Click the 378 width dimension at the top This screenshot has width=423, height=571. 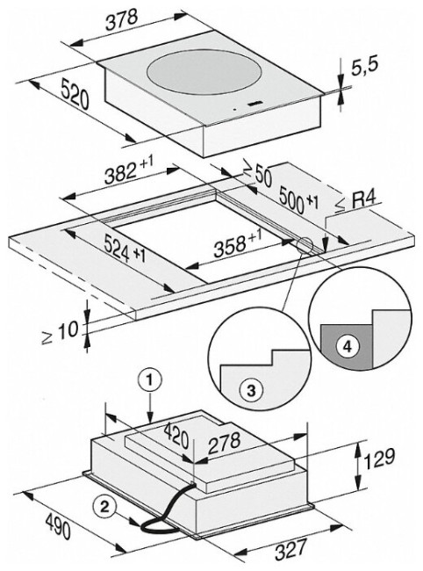click(121, 20)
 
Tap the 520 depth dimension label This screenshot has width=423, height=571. click(75, 94)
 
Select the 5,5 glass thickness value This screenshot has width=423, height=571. click(364, 66)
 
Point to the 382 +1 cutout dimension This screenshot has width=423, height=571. click(128, 170)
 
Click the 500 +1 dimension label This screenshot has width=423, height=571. click(298, 199)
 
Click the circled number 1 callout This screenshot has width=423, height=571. click(149, 381)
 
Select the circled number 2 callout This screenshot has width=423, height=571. click(104, 507)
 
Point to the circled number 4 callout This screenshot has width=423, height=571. click(348, 346)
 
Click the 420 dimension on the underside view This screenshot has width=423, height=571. click(176, 437)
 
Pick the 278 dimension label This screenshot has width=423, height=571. click(224, 443)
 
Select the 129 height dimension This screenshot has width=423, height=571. click(379, 458)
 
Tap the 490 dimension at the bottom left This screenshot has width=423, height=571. click(58, 527)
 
